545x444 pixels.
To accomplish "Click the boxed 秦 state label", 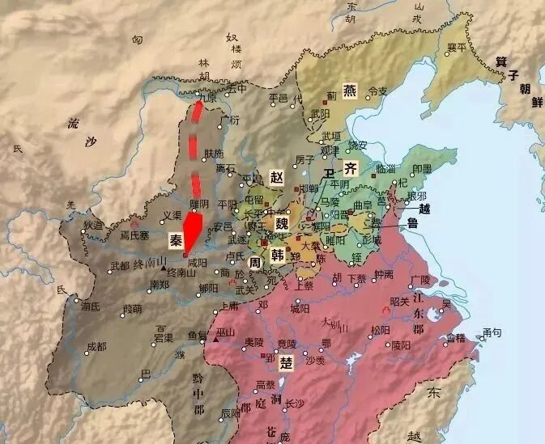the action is coord(176,241).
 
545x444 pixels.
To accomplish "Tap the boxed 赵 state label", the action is coord(278,177).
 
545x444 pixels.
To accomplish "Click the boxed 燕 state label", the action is coord(350,91).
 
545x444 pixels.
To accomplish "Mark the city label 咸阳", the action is coord(198,263).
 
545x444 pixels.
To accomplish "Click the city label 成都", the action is coord(96,347).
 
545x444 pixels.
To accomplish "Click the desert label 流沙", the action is coord(82,134).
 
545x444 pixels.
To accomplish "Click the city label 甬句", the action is coord(492,332).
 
